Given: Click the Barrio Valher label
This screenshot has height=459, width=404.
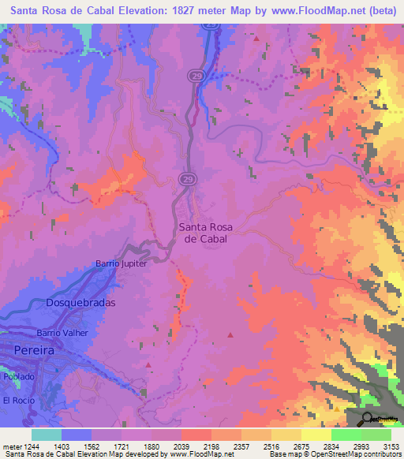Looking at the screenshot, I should (61, 333).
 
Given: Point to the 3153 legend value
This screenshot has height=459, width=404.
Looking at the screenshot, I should (391, 446).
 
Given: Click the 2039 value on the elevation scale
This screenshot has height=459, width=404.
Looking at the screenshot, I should (196, 446).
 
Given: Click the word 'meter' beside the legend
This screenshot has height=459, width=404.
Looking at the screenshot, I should (12, 446).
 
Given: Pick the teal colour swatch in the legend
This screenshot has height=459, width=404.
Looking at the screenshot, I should (47, 435).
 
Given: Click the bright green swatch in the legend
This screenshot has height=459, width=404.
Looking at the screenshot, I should (346, 435).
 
